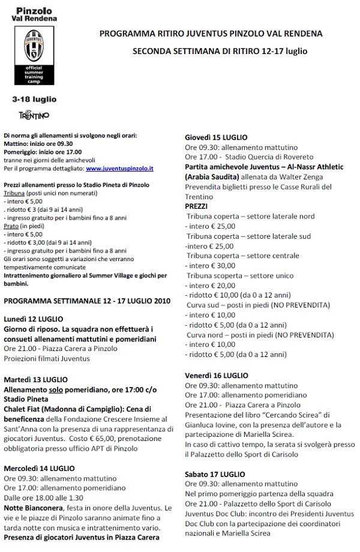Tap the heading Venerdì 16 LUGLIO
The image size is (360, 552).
pos(217,375)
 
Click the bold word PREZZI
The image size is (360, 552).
pos(196,205)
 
